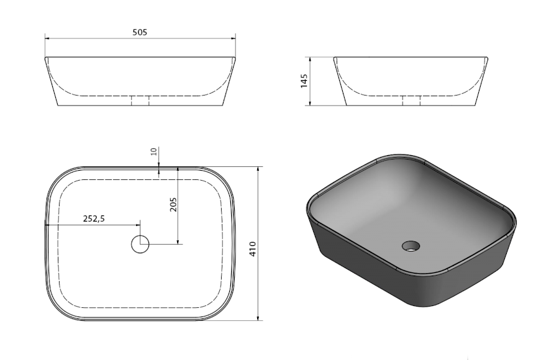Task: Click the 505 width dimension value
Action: [140, 32]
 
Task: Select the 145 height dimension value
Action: [304, 81]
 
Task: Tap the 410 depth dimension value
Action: [253, 249]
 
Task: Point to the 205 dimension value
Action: [173, 205]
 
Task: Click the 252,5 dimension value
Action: [94, 219]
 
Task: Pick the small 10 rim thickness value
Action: [154, 151]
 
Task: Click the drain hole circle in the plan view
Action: [140, 245]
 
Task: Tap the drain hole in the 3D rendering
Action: [411, 246]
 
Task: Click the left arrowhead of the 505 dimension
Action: [47, 38]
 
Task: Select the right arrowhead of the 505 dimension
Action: [233, 38]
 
